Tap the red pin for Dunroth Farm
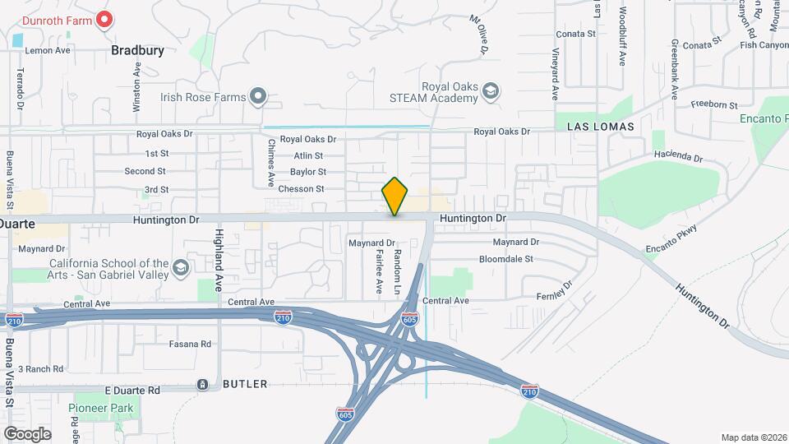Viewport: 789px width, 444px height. coord(104,19)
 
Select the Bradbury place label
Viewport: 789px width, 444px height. coord(138,50)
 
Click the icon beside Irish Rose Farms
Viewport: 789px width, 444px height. coord(258,97)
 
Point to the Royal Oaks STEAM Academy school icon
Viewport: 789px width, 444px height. coord(490,90)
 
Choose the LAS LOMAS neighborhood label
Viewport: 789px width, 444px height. coord(601,127)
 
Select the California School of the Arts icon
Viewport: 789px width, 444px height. coord(181,268)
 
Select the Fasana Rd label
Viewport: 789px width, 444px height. coord(190,344)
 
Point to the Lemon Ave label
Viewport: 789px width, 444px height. coord(48,50)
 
